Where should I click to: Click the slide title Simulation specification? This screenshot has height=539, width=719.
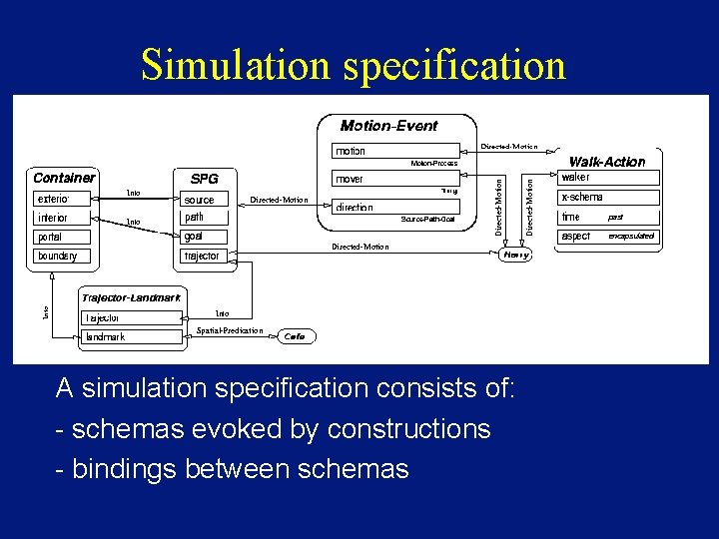click(x=354, y=65)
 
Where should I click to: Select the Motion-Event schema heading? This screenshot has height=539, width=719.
click(x=388, y=126)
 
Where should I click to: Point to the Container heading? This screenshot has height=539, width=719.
click(x=64, y=178)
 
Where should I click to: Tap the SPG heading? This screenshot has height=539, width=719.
click(x=204, y=179)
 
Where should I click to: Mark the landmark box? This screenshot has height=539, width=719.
click(x=132, y=337)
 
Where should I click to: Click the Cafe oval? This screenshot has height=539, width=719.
click(x=295, y=337)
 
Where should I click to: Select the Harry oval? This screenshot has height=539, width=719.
click(x=515, y=255)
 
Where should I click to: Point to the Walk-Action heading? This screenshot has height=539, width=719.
click(x=607, y=162)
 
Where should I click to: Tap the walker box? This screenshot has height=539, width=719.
click(x=607, y=178)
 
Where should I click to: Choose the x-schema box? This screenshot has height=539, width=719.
click(x=607, y=198)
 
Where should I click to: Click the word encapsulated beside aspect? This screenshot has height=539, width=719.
click(x=631, y=237)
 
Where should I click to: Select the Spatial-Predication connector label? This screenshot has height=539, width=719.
click(x=230, y=330)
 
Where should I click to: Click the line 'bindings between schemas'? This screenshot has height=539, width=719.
click(x=233, y=468)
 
